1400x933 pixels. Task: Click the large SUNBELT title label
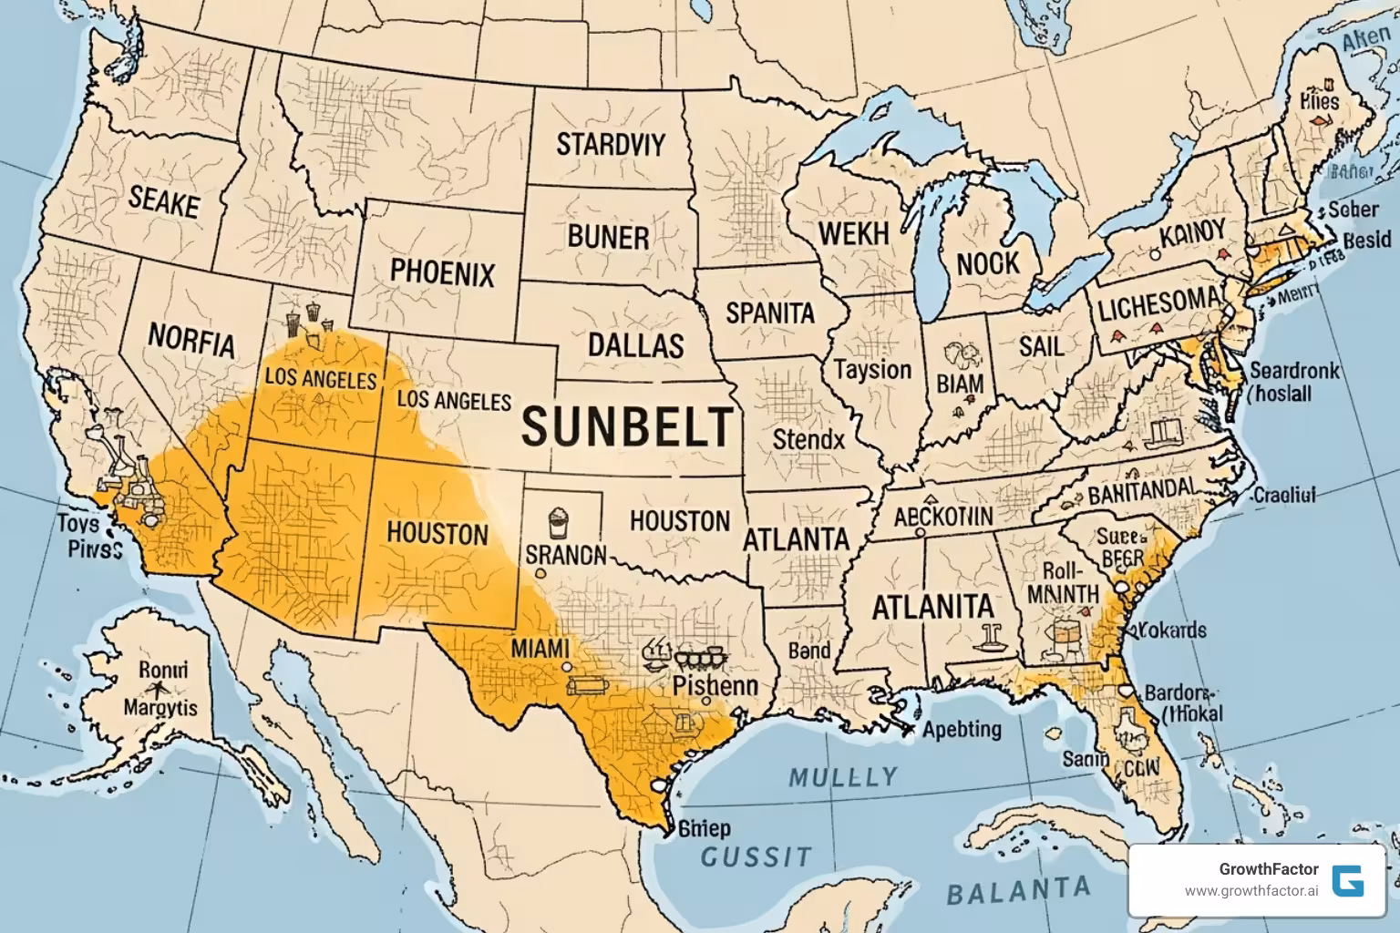pos(628,426)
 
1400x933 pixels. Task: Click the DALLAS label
pos(635,345)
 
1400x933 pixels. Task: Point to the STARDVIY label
pos(610,144)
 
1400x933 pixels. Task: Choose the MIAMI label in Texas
pos(540,649)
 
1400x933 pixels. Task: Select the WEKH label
pos(853,233)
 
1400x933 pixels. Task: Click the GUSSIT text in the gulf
pos(756,856)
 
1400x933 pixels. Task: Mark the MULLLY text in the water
pos(843,777)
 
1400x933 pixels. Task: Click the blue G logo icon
pos(1347,880)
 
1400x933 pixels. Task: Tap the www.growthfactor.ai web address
pos(1251,891)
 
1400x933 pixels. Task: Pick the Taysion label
pos(872,370)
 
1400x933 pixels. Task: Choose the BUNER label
pos(608,237)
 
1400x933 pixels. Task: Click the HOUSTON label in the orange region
pos(437,532)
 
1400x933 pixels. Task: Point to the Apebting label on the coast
pos(962,729)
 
